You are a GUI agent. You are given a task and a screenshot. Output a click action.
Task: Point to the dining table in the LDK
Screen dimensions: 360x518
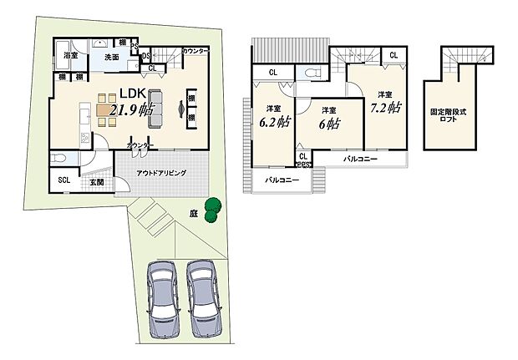pos(108,109)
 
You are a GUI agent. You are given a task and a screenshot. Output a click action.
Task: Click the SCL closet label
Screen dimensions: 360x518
pos(63,180)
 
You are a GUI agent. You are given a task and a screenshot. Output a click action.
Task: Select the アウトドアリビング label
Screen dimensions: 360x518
pos(162,173)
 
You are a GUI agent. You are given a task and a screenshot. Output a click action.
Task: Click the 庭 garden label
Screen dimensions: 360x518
pos(193,214)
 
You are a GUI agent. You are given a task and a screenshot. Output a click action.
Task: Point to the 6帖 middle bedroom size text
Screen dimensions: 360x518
pos(328,124)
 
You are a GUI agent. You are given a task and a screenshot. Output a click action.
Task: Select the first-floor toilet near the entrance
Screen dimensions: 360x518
pos(60,160)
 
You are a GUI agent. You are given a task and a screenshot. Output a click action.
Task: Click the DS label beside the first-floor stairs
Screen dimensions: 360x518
pos(146,56)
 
